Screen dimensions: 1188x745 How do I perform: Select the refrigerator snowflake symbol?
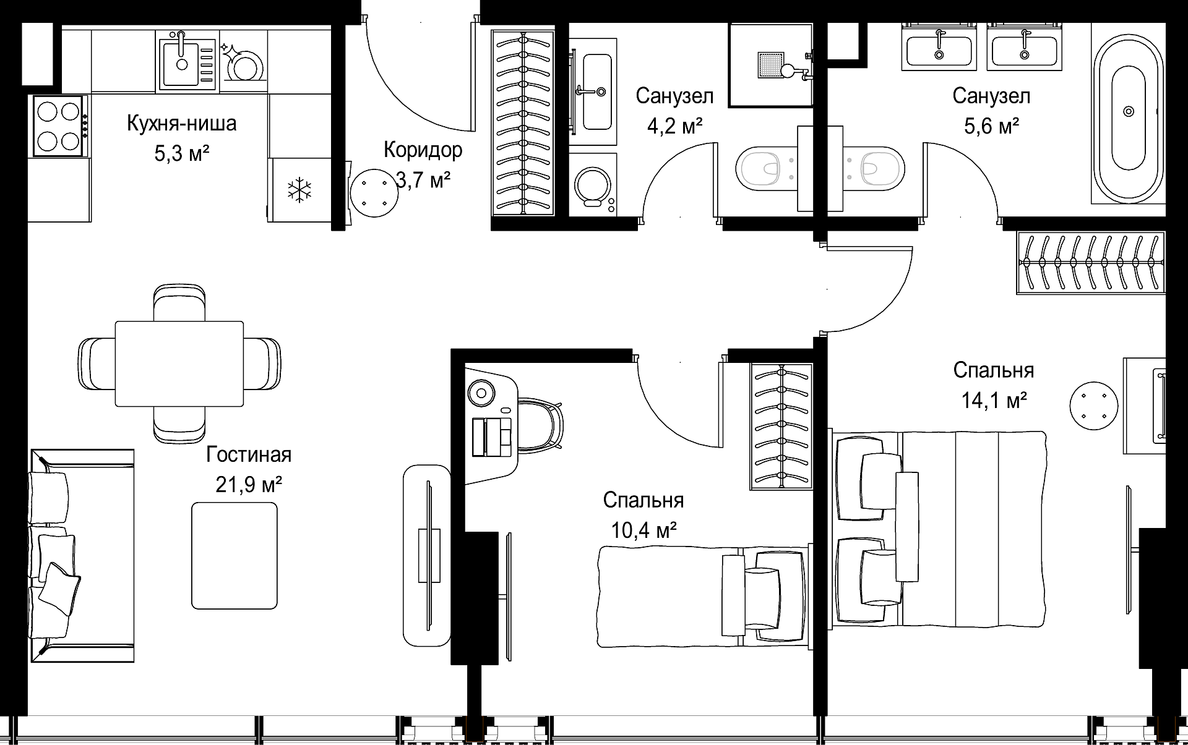(x=299, y=189)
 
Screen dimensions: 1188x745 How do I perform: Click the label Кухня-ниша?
(x=182, y=124)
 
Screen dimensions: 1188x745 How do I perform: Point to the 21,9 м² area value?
(x=249, y=485)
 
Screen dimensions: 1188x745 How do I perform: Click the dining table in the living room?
(x=179, y=364)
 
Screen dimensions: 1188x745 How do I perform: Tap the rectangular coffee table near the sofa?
(x=234, y=555)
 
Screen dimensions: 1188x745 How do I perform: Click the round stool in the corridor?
(x=374, y=192)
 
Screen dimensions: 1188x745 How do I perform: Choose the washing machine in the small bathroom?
(x=593, y=184)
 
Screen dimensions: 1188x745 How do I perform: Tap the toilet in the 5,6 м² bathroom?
(x=874, y=168)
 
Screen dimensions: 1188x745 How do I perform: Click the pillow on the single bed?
(x=763, y=597)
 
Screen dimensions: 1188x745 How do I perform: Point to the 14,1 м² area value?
(x=994, y=401)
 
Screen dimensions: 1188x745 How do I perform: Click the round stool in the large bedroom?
(x=1094, y=406)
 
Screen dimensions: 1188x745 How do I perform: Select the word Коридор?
(x=423, y=150)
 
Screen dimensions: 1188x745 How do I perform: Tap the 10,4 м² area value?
(x=643, y=530)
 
